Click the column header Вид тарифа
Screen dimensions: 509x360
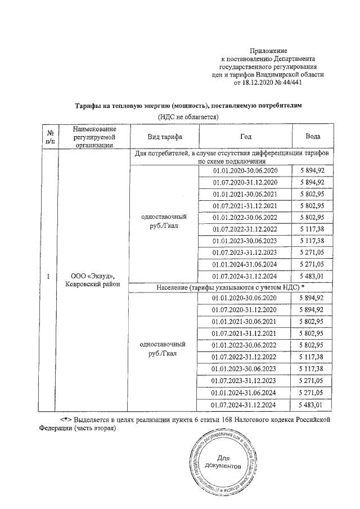tap(164, 137)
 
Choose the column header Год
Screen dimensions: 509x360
tap(245, 137)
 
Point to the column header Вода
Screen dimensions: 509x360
tap(313, 137)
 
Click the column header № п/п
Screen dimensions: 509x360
tap(49, 137)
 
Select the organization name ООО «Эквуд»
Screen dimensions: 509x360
tap(92, 276)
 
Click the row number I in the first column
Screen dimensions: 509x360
tap(49, 276)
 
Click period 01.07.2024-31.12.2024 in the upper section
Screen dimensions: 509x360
tap(245, 276)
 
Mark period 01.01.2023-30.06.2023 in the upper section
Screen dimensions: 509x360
tap(245, 241)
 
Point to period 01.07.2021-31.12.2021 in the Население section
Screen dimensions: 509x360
tap(245, 334)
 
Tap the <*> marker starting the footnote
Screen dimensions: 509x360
tap(67, 420)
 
